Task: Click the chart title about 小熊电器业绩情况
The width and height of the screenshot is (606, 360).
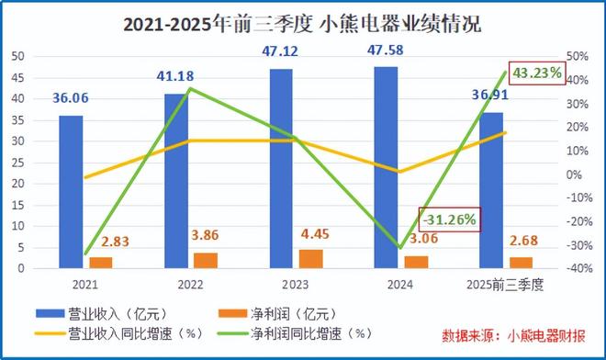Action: coord(302,22)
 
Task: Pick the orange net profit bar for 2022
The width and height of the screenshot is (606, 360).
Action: coord(206,260)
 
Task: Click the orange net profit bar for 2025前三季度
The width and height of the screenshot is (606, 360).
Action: coord(521,263)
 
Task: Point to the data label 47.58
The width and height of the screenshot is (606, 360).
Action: coord(385,48)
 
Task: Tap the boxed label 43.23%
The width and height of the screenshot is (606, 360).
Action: coord(537,72)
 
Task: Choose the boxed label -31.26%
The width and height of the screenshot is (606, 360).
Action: coord(449,219)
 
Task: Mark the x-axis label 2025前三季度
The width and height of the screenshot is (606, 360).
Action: coord(506,286)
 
